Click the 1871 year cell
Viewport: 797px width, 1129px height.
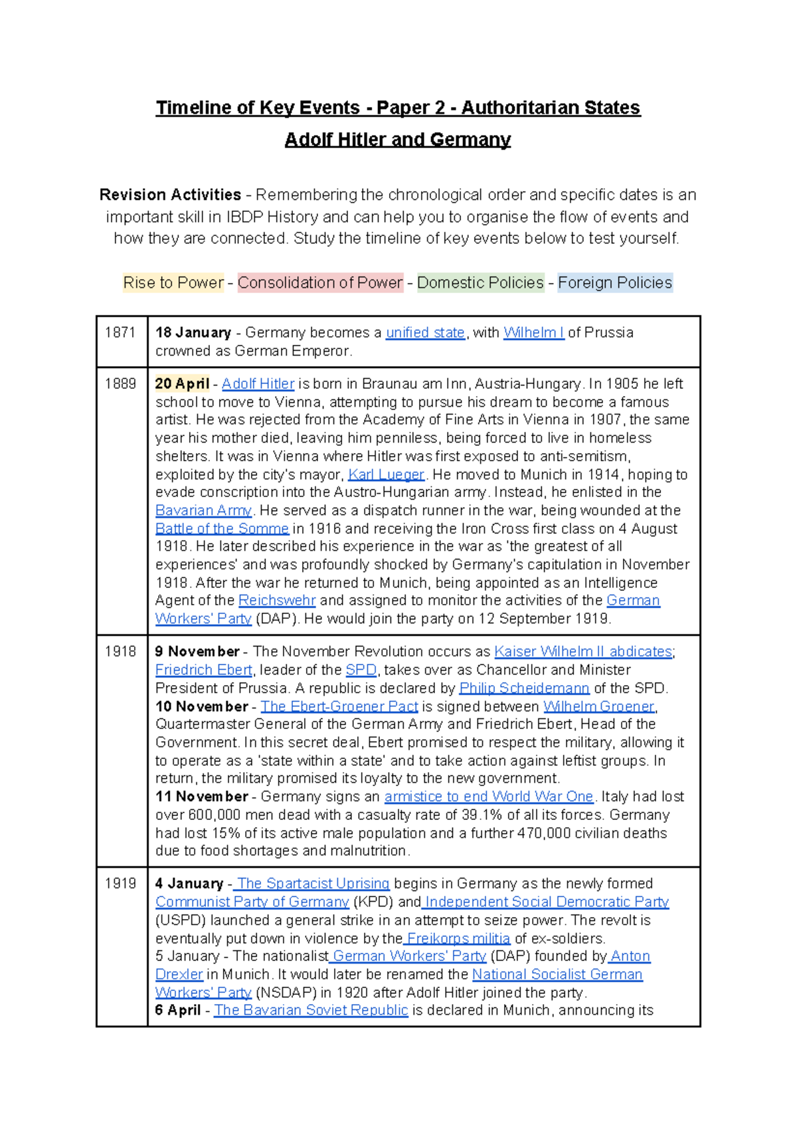(120, 332)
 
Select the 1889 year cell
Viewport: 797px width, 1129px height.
(120, 383)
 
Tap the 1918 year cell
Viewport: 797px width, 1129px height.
(120, 651)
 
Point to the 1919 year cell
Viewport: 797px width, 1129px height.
(120, 883)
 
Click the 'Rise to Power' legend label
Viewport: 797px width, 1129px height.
(173, 282)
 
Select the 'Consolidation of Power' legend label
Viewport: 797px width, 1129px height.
(320, 282)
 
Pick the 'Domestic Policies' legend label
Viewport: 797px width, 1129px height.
(480, 282)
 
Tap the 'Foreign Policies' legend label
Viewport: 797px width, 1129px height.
(615, 282)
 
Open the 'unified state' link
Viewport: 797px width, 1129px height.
(425, 332)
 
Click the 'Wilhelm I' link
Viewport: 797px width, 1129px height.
(533, 332)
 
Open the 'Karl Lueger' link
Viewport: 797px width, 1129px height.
(386, 474)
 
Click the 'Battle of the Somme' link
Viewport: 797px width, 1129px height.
(222, 528)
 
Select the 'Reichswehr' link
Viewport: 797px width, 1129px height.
(277, 600)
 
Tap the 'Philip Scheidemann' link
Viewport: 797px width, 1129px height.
(524, 688)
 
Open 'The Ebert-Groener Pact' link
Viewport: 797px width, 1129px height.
(339, 706)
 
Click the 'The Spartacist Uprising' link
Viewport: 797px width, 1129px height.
(313, 883)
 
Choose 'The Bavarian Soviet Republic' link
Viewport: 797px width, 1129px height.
(311, 1010)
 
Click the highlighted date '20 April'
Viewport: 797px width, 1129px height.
(182, 383)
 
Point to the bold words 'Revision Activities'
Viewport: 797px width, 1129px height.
(170, 195)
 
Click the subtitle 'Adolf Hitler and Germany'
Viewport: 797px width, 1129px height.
(398, 140)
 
